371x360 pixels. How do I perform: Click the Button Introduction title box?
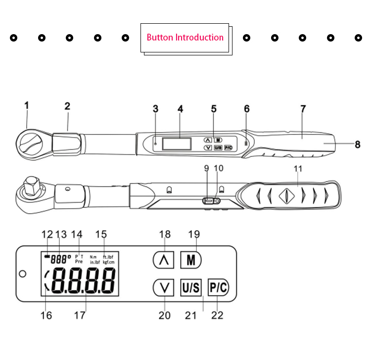tap(185, 37)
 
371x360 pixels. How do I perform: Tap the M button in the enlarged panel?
tap(190, 260)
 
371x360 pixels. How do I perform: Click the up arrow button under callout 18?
tap(163, 260)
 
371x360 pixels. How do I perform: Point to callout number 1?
tap(27, 105)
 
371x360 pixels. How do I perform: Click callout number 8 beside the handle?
tap(357, 144)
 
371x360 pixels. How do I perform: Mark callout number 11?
tap(297, 168)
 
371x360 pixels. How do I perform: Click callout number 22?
tap(218, 315)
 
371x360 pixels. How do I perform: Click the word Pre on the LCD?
tap(79, 262)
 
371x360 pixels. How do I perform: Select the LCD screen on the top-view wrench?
tap(177, 143)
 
